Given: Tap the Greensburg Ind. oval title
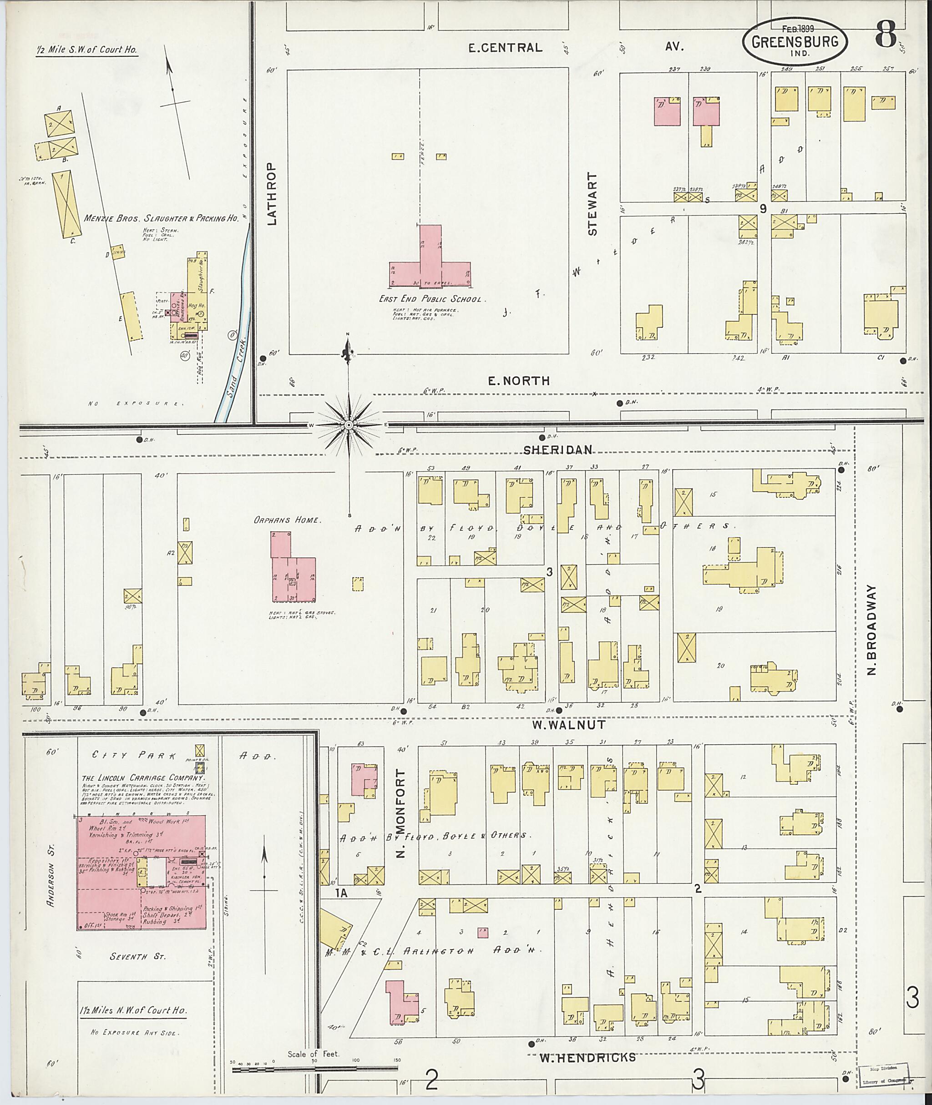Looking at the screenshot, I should [x=794, y=42].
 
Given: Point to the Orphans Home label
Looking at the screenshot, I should [x=286, y=520].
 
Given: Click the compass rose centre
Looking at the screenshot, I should [x=348, y=425].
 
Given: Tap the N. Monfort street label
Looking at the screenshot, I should [x=400, y=813].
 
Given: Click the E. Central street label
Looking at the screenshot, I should [x=505, y=47].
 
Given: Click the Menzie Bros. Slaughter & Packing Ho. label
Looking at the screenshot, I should [x=161, y=218].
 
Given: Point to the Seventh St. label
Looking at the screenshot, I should [x=137, y=957].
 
